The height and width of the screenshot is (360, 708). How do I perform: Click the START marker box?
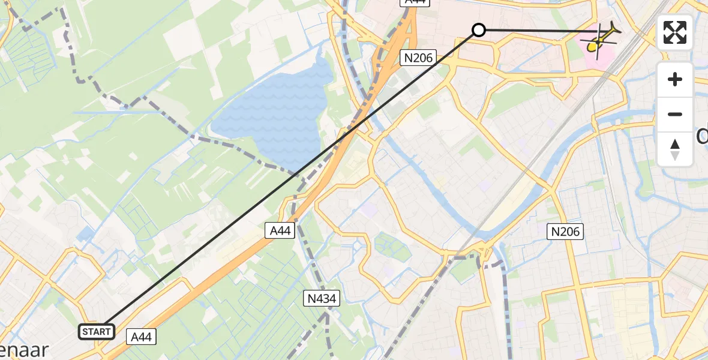click(x=97, y=331)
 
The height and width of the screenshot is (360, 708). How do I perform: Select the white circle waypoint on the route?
click(x=478, y=30)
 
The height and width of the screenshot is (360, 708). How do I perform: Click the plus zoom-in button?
click(x=675, y=79)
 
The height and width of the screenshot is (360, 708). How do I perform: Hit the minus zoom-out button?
click(x=675, y=114)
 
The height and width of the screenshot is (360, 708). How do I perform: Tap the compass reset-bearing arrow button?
click(x=675, y=149)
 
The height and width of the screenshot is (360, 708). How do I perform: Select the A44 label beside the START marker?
click(x=141, y=337)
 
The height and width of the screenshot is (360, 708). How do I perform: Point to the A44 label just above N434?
click(x=280, y=230)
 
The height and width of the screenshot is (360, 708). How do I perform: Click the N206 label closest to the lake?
click(x=417, y=58)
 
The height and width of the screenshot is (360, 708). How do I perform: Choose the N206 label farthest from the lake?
click(x=566, y=231)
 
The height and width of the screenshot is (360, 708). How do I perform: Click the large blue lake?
click(x=276, y=114)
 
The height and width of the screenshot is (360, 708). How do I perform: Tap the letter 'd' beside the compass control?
click(x=702, y=137)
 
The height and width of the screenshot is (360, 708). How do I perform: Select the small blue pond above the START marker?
click(x=85, y=233)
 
